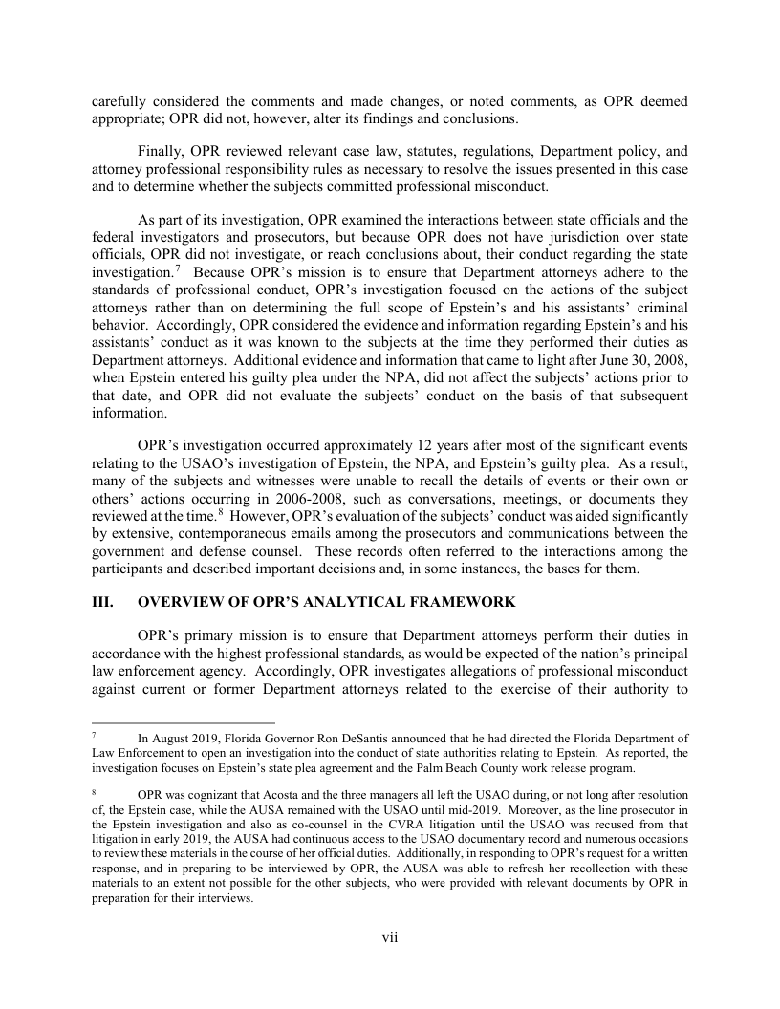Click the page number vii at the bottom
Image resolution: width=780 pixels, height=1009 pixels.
(390, 937)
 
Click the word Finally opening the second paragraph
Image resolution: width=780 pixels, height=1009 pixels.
(161, 151)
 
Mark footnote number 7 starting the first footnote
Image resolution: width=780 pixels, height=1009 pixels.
(95, 738)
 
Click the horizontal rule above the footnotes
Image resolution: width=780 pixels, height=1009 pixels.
(183, 723)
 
